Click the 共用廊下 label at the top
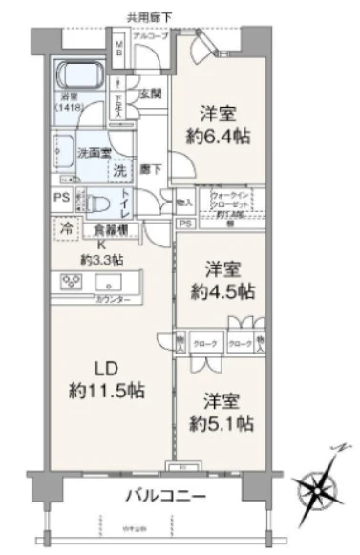point(149,16)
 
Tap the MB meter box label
point(119,50)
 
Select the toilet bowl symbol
point(95,203)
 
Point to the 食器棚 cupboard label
point(112,229)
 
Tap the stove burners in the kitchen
point(72,282)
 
